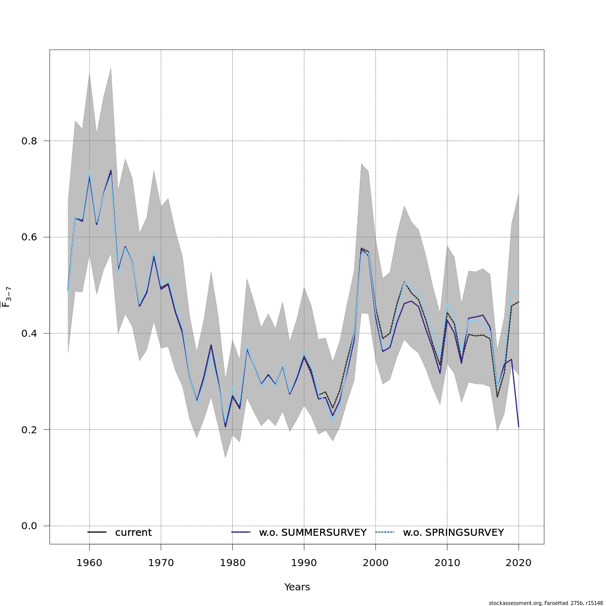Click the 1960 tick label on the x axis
tap(89, 563)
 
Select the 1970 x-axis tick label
tap(161, 563)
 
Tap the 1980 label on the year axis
tap(232, 563)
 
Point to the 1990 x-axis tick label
tap(304, 563)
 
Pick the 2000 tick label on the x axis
tap(375, 563)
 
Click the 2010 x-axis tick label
tap(447, 563)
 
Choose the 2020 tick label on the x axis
tap(519, 563)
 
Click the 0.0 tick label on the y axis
tap(29, 526)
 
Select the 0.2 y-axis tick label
tap(29, 430)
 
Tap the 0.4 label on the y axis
tap(29, 333)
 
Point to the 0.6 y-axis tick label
tap(29, 237)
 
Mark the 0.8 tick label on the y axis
tap(29, 141)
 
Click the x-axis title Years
tap(297, 587)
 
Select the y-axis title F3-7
tap(7, 297)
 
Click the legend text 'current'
tap(133, 533)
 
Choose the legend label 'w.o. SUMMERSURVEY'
tap(313, 533)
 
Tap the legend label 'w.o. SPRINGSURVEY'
tap(453, 533)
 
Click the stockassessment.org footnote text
tap(545, 603)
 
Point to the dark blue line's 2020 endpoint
tap(519, 427)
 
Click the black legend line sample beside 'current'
tap(97, 532)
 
